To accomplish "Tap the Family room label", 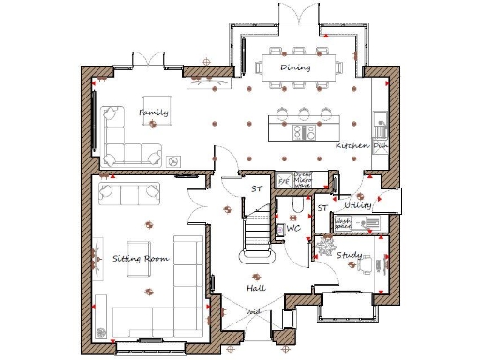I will (155, 113).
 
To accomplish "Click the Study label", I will (350, 255).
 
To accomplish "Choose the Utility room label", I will (358, 204).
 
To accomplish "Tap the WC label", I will (292, 228).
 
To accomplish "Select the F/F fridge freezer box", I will (283, 181).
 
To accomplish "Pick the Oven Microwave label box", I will (303, 180).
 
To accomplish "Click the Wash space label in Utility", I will (343, 223).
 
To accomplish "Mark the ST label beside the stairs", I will (255, 189).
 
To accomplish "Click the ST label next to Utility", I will (322, 208).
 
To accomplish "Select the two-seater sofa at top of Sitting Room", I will (129, 194).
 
